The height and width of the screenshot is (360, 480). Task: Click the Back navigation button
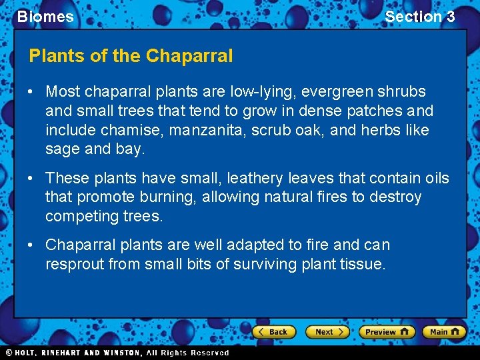pos(273,331)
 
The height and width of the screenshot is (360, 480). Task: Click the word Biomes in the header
pos(45,17)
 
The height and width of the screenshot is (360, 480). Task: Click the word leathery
pos(255,178)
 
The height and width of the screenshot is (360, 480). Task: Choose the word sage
pos(62,149)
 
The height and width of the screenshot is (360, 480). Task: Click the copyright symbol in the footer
pos(9,353)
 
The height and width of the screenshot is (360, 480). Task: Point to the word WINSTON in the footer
pos(124,353)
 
